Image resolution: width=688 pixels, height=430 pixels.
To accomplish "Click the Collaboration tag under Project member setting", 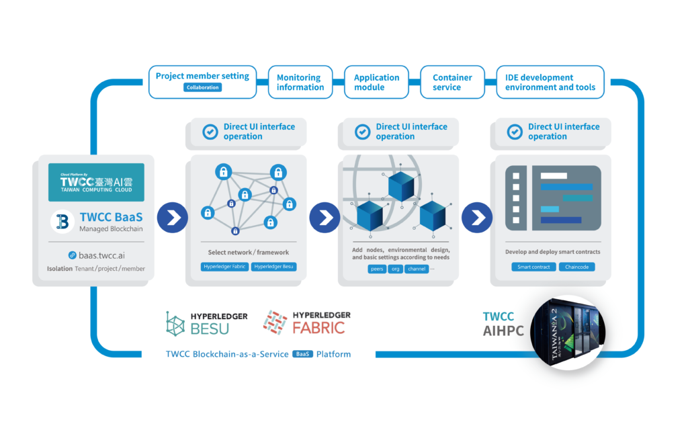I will [x=202, y=87].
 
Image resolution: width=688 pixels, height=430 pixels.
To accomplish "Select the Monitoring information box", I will [x=300, y=83].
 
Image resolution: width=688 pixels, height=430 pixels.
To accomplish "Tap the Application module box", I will [x=376, y=83].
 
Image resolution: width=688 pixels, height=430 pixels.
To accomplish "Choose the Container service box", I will [x=452, y=83].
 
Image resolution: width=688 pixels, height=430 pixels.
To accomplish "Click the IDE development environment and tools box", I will [x=550, y=83].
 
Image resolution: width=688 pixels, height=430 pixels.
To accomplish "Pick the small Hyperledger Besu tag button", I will [x=273, y=267].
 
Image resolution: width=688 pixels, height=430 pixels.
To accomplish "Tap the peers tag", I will [x=377, y=269].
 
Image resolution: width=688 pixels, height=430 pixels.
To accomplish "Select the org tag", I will [x=395, y=269].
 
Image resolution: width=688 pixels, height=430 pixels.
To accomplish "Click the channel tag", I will [x=416, y=269].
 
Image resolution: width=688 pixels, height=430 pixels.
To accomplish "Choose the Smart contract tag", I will [x=533, y=267].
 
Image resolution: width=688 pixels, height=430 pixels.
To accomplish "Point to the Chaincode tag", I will [x=576, y=267].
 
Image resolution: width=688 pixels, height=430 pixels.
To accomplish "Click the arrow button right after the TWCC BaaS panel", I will [x=172, y=217].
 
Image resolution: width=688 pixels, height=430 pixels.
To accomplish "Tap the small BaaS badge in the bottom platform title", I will [x=302, y=354].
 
